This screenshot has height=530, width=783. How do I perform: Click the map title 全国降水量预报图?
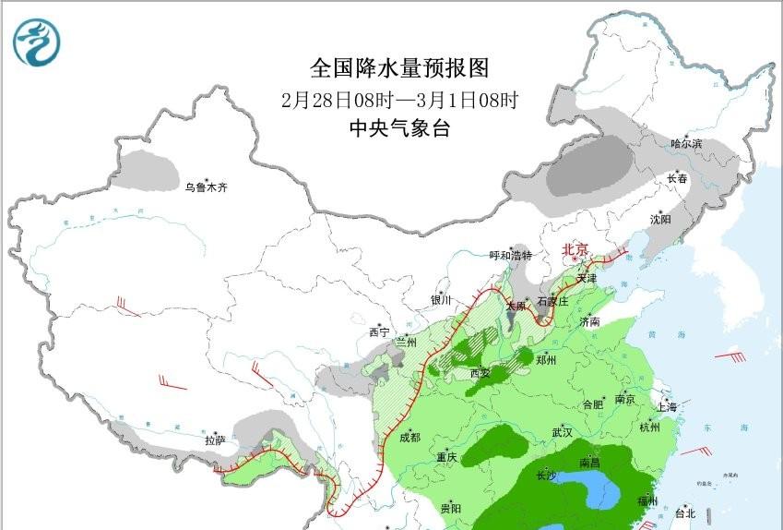tap(398, 68)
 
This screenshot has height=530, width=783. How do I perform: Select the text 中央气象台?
tap(399, 129)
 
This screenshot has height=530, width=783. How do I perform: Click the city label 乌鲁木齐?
tap(205, 188)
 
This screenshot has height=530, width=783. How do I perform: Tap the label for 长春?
tap(678, 179)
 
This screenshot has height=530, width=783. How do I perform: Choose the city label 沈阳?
tap(660, 220)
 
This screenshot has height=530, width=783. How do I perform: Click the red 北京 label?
tap(575, 249)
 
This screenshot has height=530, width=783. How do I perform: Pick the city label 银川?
tap(442, 300)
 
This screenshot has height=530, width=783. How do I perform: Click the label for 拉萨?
tap(215, 441)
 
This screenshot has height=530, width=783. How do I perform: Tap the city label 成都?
tap(409, 438)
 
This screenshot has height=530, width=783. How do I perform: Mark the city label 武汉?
tap(562, 432)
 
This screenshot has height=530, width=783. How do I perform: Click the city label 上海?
tap(666, 407)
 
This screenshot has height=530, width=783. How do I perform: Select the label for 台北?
tap(685, 513)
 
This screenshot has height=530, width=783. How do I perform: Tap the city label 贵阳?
tap(451, 509)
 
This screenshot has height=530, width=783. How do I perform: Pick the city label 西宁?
tap(379, 331)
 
